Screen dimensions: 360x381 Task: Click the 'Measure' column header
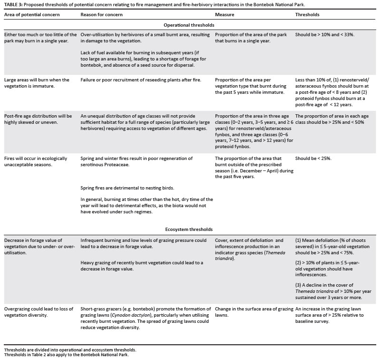pyautogui.click(x=225, y=15)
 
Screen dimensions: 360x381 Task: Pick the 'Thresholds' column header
pyautogui.click(x=307, y=15)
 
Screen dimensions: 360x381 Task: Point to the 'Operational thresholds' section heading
pyautogui.click(x=190, y=25)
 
